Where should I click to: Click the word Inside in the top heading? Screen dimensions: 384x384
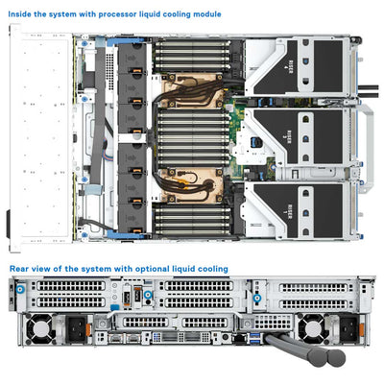(x=22, y=15)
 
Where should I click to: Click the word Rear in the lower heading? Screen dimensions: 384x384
(x=19, y=270)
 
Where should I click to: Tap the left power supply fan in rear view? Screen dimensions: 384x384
(x=40, y=329)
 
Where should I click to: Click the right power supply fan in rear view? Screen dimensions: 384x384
(x=308, y=329)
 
